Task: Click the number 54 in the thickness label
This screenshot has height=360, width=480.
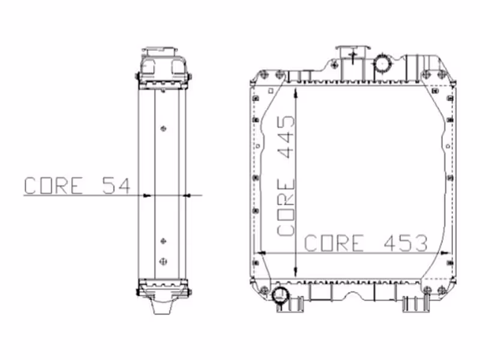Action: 116,185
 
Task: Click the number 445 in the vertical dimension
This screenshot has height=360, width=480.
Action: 286,137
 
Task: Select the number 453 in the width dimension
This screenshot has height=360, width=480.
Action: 406,244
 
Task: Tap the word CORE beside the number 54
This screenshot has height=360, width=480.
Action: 53,185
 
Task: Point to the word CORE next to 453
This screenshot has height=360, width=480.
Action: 334,244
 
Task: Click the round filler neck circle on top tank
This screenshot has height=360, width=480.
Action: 383,64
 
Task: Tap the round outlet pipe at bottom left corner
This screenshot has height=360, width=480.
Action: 280,295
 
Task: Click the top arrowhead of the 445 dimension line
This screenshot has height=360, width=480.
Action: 295,94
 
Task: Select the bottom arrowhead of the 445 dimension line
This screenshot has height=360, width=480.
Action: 295,271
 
